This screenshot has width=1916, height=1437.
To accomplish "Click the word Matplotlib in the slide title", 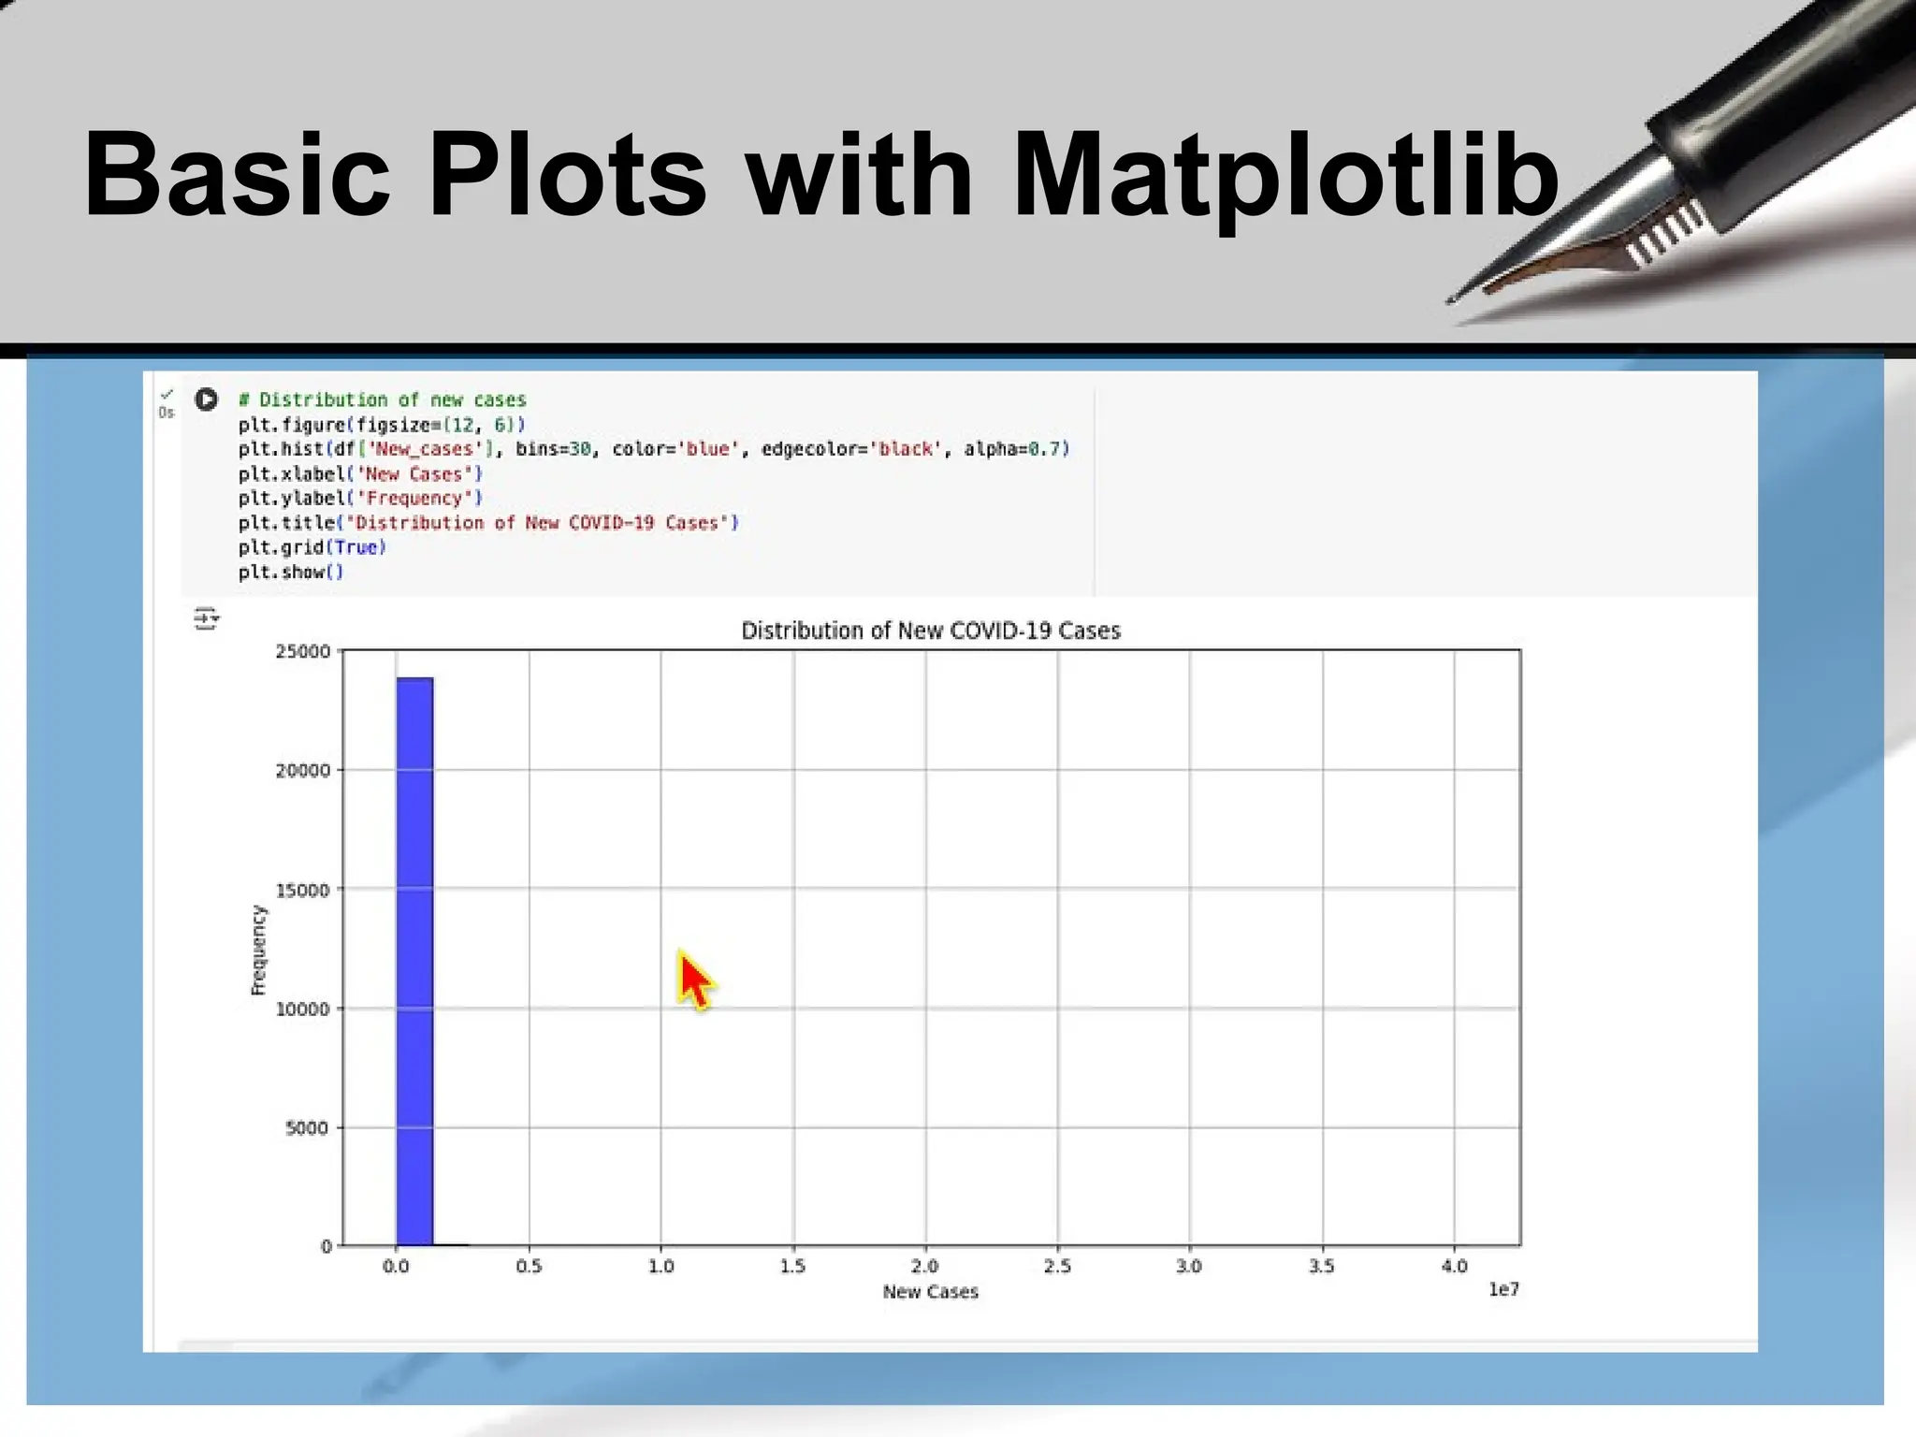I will (x=1285, y=176).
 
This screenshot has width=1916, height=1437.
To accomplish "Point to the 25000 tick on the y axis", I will (x=303, y=651).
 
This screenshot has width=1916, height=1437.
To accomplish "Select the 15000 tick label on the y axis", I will (x=303, y=890).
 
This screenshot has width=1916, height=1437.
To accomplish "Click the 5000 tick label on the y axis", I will (x=307, y=1128).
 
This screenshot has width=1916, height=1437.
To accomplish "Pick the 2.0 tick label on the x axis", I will (x=924, y=1266).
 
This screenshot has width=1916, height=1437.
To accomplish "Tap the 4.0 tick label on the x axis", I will (x=1454, y=1266).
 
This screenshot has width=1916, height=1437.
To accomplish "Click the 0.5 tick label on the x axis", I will (x=529, y=1266).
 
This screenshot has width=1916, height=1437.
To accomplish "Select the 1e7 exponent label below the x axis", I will (x=1503, y=1289).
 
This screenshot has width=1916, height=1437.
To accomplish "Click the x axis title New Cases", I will (x=930, y=1292).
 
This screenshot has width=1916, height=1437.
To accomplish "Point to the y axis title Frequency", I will (x=259, y=950).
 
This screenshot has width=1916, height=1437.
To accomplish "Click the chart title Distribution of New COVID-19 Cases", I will (x=930, y=631).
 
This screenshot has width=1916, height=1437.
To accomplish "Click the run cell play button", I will (x=206, y=399).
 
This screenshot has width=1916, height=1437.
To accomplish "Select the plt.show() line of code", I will (x=291, y=572).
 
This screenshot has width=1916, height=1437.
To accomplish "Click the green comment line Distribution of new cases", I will (x=383, y=399).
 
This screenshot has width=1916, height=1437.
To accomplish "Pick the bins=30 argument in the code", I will (x=553, y=449).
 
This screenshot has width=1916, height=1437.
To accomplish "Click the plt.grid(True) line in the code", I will (x=312, y=547).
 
